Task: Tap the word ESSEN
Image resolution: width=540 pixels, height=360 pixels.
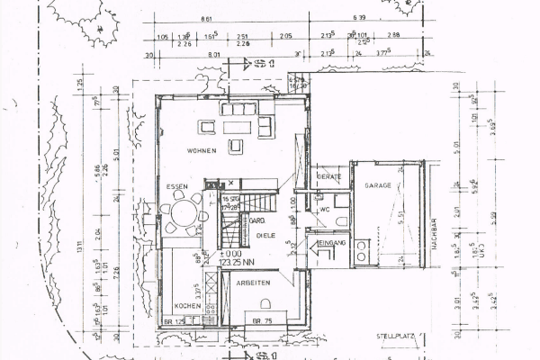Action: click(176, 186)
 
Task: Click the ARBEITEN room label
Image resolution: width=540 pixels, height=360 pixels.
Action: click(255, 283)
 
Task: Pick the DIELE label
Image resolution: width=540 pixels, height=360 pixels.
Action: click(265, 234)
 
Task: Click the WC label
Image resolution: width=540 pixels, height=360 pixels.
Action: click(327, 210)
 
